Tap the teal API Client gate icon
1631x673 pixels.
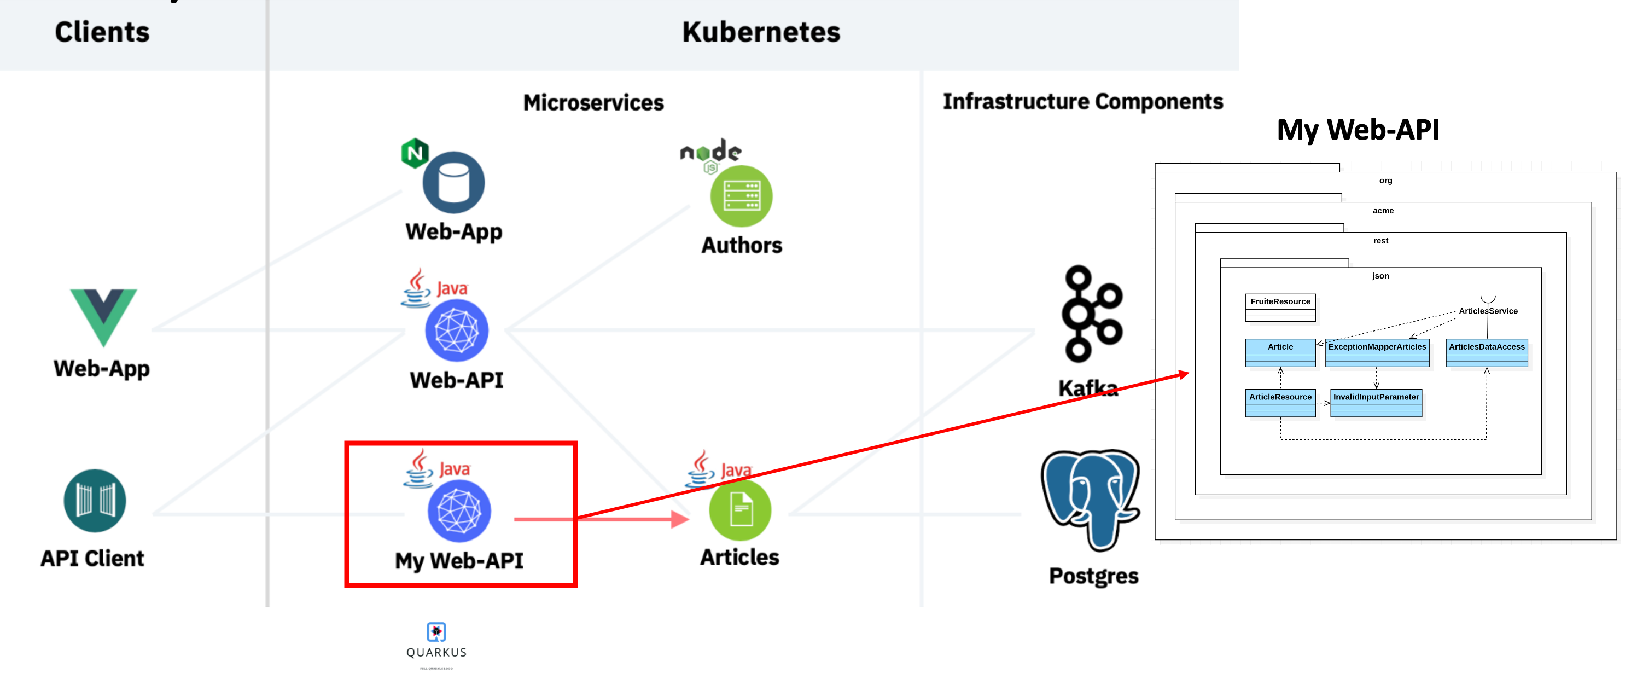(x=95, y=500)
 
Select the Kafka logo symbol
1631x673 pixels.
(x=1092, y=314)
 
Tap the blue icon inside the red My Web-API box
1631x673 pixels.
(x=459, y=511)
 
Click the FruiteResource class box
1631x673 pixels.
(x=1280, y=307)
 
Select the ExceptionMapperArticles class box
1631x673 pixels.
(x=1377, y=352)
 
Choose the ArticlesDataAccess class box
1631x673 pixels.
(x=1486, y=352)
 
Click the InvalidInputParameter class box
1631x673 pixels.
(x=1375, y=403)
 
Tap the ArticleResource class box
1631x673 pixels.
(x=1280, y=403)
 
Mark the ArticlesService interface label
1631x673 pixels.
(x=1487, y=311)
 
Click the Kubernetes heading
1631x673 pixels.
(x=760, y=32)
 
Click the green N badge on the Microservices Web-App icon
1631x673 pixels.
(x=415, y=153)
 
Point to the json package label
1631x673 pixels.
(x=1380, y=275)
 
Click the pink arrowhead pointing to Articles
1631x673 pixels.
(x=680, y=519)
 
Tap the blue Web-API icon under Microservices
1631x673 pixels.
(x=457, y=330)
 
